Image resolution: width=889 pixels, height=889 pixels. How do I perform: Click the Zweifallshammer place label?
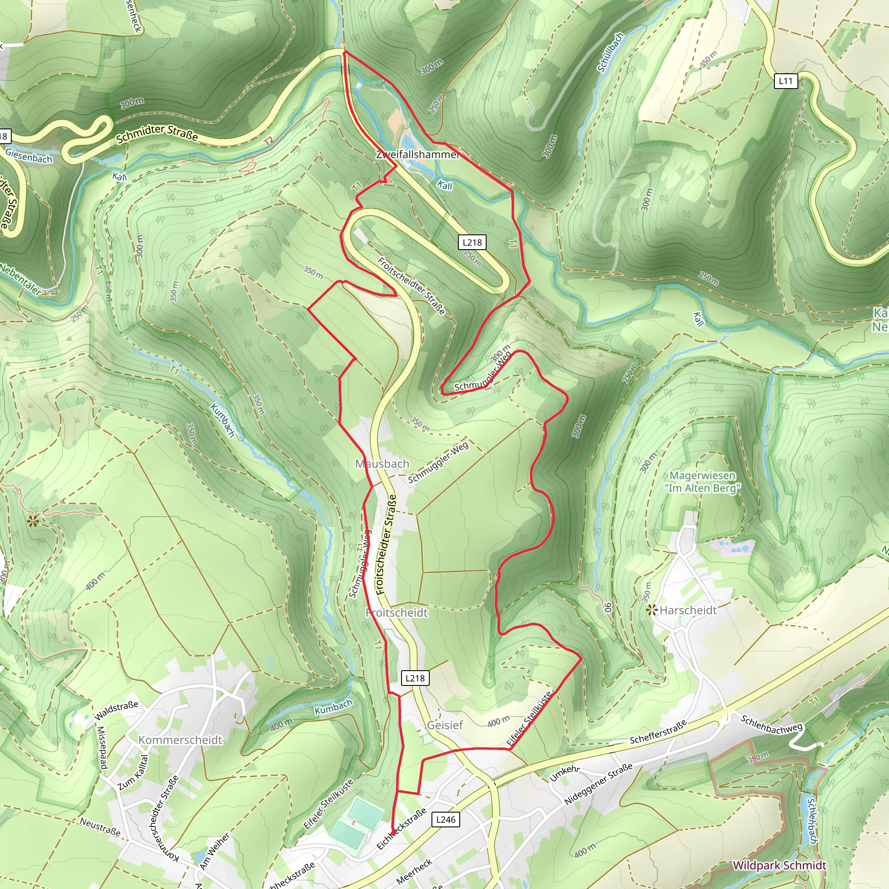pos(417,155)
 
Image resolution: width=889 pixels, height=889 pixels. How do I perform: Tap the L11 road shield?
pos(785,81)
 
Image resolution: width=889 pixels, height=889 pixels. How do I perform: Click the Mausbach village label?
pos(382,464)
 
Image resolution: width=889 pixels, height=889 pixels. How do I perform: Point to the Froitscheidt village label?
pos(397,613)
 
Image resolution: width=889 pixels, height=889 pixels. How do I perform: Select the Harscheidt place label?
pos(688,611)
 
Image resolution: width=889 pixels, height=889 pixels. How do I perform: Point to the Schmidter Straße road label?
pos(157,133)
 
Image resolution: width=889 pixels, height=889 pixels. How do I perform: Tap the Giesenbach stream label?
pos(29,156)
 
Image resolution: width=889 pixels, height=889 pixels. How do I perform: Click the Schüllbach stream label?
pos(610,53)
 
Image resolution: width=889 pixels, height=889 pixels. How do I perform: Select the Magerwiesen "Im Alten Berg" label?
pos(702,482)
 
